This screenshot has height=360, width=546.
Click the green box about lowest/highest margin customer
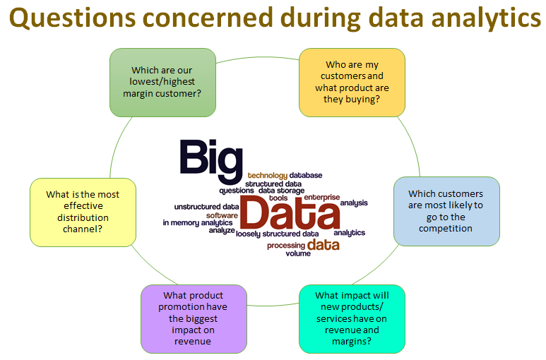tap(162, 83)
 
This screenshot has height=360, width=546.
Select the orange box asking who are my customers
tap(352, 83)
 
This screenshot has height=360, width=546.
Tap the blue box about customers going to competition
tap(446, 211)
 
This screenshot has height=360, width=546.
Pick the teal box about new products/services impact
tap(352, 319)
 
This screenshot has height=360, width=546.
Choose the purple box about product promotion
tap(194, 319)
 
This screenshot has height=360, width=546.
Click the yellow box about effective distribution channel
tap(83, 212)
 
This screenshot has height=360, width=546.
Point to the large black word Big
tap(211, 161)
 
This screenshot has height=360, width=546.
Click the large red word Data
tap(290, 212)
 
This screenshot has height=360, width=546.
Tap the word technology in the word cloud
tap(268, 176)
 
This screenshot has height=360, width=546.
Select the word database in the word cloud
tap(306, 175)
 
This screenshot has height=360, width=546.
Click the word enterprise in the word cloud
tap(322, 197)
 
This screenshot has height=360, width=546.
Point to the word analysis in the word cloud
tap(354, 203)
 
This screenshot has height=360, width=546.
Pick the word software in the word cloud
tap(222, 215)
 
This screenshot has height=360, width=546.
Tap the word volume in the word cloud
tap(298, 253)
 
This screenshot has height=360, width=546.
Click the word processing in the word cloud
tap(286, 246)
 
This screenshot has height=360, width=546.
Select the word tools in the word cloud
tap(278, 198)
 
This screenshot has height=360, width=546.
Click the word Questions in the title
tap(73, 18)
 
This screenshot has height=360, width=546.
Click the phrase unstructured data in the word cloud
tap(206, 207)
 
